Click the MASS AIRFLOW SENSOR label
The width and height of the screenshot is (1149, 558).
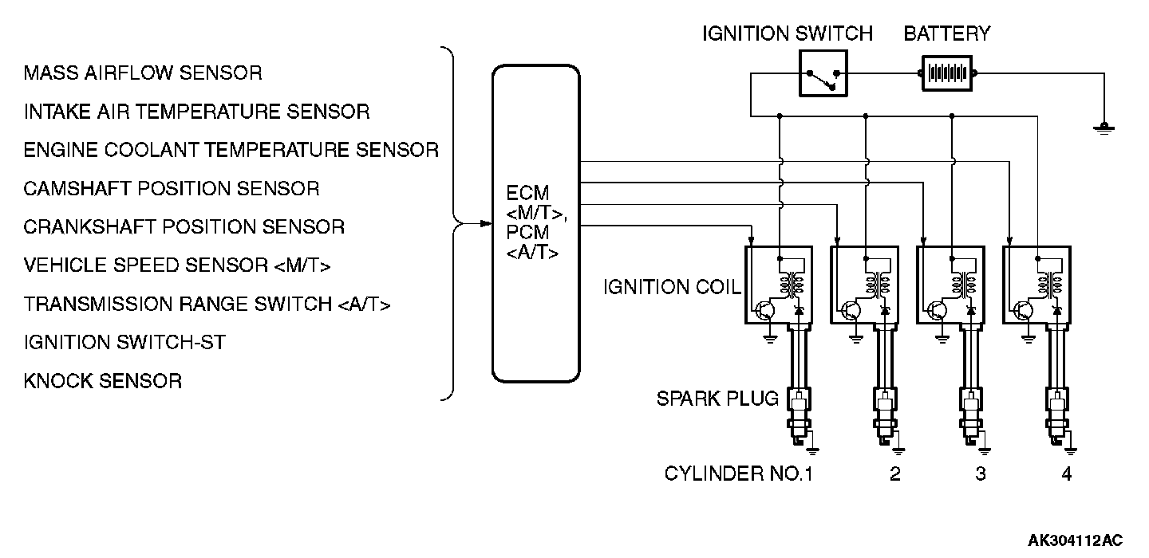[x=143, y=73]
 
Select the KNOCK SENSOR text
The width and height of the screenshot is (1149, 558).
[x=103, y=381]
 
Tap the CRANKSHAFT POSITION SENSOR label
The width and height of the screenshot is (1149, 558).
[x=184, y=227]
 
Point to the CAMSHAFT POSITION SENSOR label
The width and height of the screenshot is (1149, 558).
[x=172, y=189]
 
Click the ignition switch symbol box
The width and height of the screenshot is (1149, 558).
[x=823, y=73]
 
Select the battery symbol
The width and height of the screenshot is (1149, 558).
[x=947, y=73]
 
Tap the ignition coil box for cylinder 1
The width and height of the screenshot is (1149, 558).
[x=779, y=285]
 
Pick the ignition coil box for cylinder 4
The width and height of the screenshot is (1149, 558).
[x=1036, y=285]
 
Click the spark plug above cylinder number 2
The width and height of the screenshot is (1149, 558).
[x=886, y=415]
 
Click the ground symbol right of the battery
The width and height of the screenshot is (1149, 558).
[x=1104, y=128]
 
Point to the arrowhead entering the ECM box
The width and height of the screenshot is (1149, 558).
[x=486, y=223]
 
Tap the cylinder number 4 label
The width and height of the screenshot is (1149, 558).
[x=1066, y=474]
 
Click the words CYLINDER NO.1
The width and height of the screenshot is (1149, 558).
[x=739, y=474]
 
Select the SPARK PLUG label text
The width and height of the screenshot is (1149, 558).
[x=717, y=399]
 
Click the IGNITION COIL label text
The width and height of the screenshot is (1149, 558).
[x=672, y=287]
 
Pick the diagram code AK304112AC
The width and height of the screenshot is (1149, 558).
[x=1075, y=540]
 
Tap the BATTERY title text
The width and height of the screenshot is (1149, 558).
[x=947, y=33]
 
